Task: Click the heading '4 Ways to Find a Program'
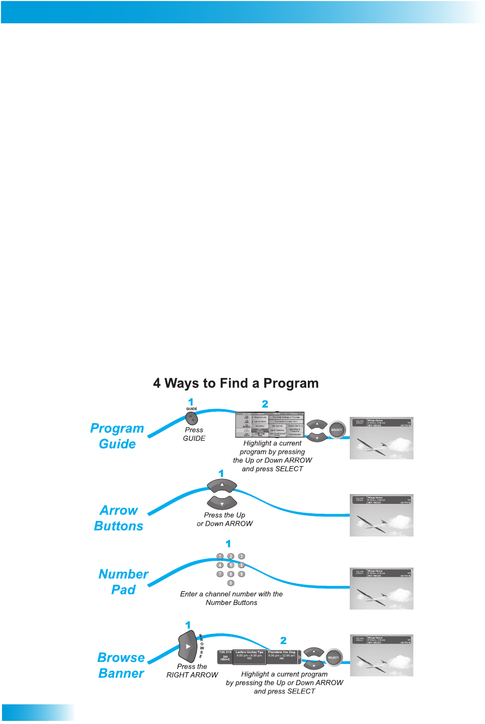pos(236,383)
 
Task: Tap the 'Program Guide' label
pos(117,436)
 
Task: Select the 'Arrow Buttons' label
pos(119,518)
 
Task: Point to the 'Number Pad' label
pos(123,582)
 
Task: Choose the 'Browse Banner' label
pos(121,665)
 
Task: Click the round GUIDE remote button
pos(192,418)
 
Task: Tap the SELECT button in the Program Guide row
pos(336,429)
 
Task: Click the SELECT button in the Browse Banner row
pos(333,658)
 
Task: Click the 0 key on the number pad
pos(231,583)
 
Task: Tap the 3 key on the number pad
pos(241,556)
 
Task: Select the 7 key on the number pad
pos(220,574)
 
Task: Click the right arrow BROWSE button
pos(187,646)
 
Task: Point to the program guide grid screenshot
pos(269,425)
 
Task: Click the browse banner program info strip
pos(259,657)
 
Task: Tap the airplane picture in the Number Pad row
pos(381,588)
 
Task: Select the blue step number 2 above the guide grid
pos(265,404)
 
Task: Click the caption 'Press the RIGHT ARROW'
pos(192,671)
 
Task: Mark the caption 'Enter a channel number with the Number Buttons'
pos(231,598)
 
